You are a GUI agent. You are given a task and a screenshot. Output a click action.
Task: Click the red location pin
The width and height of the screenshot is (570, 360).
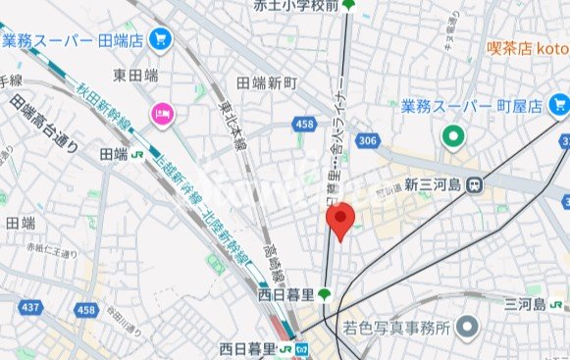point(339,221)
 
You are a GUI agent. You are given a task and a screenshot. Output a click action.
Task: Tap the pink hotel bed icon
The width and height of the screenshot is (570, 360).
point(160,116)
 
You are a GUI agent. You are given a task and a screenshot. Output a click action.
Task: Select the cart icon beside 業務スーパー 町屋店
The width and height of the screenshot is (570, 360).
point(559,104)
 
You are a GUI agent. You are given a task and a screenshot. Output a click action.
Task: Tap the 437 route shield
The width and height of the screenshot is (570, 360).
point(30,308)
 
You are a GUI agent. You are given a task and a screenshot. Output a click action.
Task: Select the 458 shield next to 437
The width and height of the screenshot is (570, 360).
point(86,310)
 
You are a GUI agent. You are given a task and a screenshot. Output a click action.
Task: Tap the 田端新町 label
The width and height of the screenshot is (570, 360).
point(266,83)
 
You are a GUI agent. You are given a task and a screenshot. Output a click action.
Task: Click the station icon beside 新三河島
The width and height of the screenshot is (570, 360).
point(475,183)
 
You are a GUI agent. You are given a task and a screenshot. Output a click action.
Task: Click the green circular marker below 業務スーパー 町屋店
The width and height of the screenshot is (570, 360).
point(452,135)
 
